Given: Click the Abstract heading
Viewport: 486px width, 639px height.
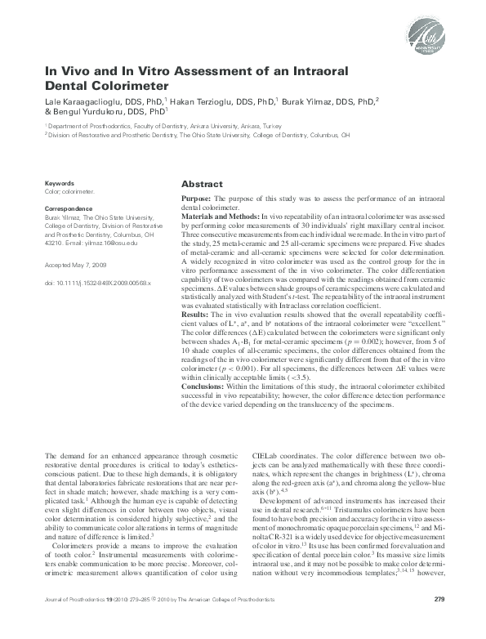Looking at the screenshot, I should pyautogui.click(x=201, y=185).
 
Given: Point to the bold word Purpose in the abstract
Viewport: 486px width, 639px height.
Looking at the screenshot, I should pyautogui.click(x=197, y=199).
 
